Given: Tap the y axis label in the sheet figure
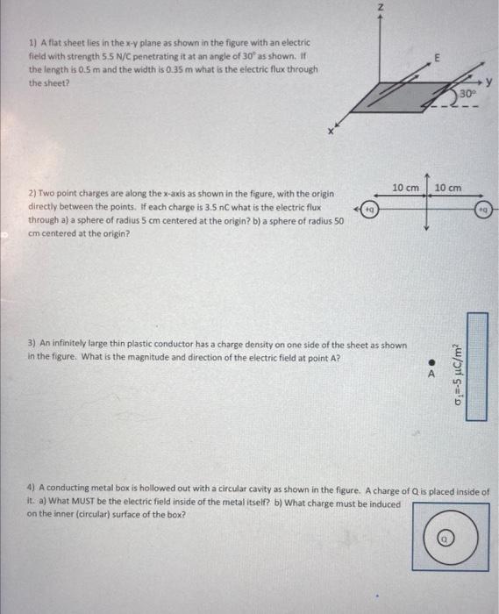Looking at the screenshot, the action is (492, 85).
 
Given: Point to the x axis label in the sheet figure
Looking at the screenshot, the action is (331, 132).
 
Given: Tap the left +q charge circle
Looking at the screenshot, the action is (371, 210).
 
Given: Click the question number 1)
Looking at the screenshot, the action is (32, 43).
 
